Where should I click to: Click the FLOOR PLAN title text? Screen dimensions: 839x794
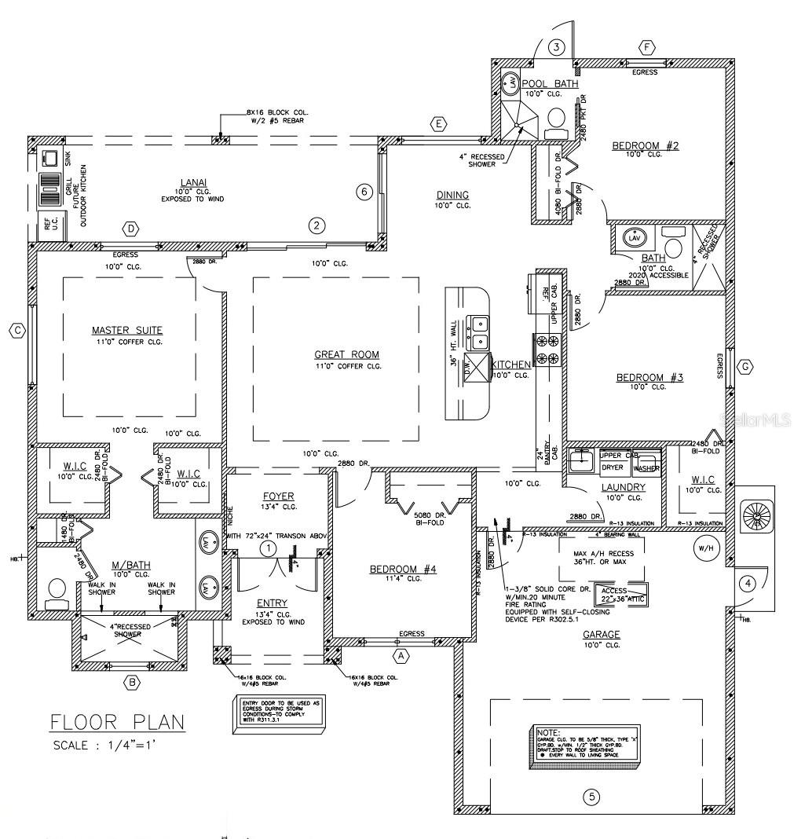click(x=117, y=721)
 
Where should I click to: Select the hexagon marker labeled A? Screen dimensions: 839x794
click(x=401, y=654)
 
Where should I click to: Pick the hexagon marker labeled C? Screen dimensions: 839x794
click(x=17, y=331)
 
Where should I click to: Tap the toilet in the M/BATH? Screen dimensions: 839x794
click(x=57, y=593)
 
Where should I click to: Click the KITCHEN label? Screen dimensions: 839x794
click(x=511, y=365)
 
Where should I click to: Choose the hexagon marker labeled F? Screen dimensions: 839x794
click(x=647, y=47)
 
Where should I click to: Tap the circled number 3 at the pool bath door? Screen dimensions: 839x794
click(x=556, y=47)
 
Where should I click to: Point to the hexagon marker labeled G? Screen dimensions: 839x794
click(x=745, y=366)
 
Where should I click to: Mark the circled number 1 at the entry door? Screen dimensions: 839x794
click(x=268, y=547)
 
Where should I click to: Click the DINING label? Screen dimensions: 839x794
click(x=452, y=195)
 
